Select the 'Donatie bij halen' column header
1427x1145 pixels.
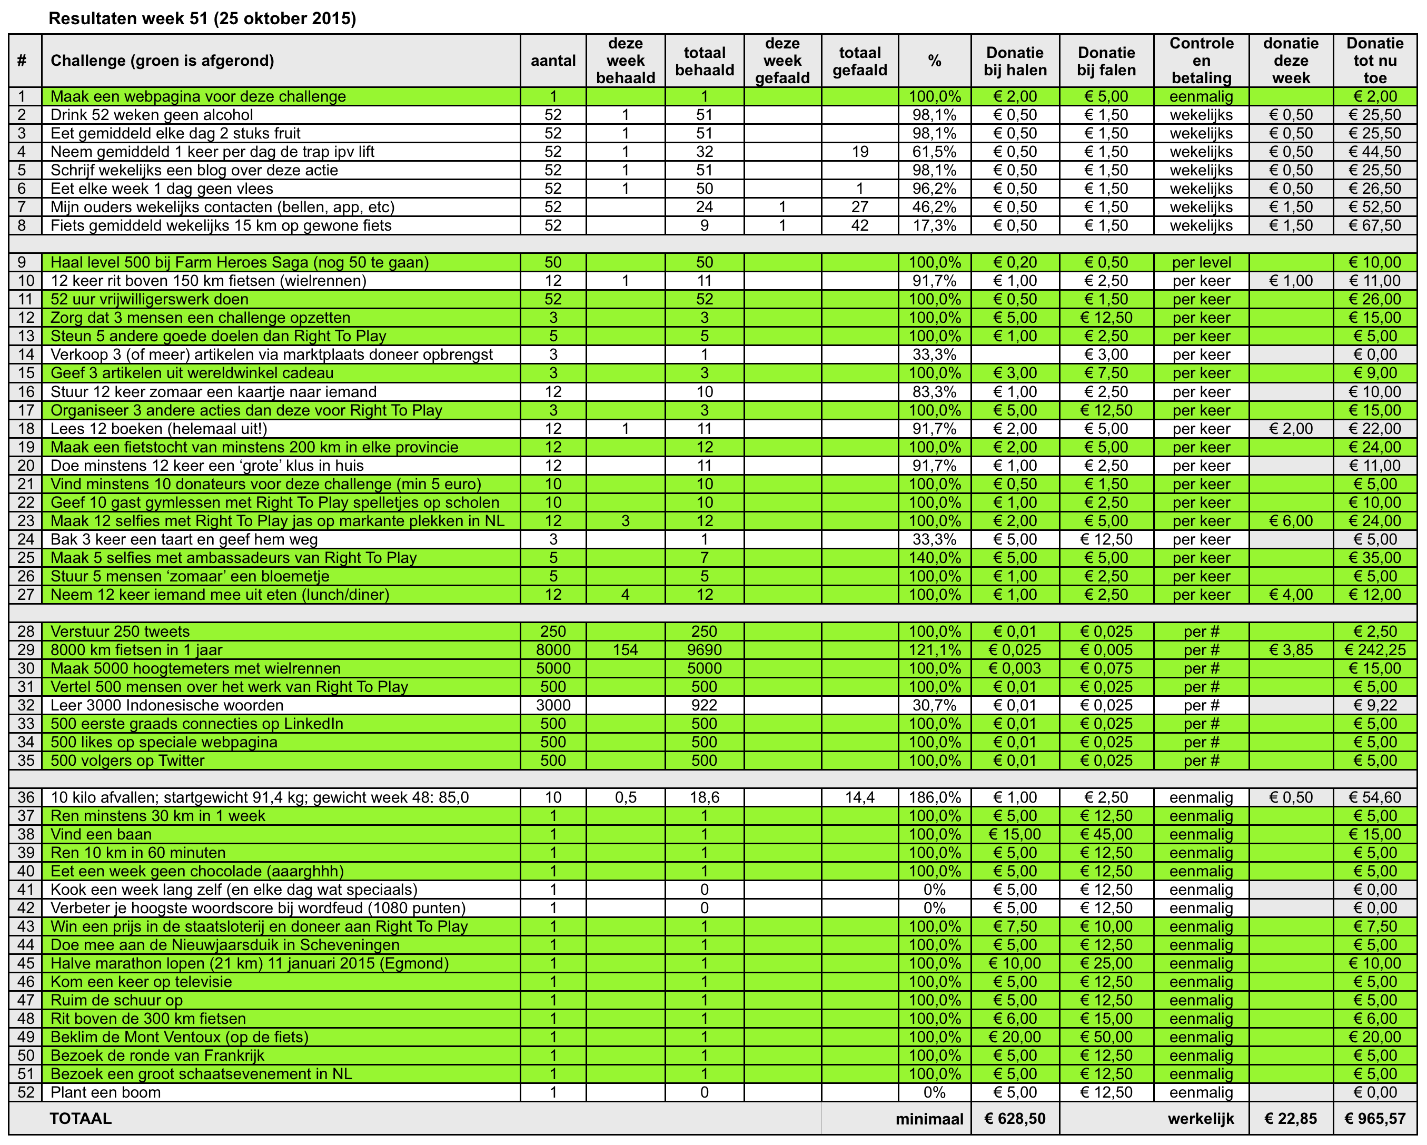[x=1015, y=61]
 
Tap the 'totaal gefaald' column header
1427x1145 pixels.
[x=859, y=61]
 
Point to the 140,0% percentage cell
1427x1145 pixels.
[x=934, y=558]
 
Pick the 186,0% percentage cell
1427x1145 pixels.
[x=934, y=797]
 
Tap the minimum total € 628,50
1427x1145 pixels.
[x=1015, y=1119]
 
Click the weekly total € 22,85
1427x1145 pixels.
[x=1290, y=1119]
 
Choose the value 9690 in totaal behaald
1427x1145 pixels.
[x=704, y=650]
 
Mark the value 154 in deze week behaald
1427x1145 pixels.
[x=625, y=650]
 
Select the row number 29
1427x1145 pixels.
[x=25, y=650]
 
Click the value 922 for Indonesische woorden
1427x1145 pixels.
[x=704, y=706]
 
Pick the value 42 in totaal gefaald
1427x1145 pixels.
[x=859, y=226]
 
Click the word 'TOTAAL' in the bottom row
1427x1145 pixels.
[x=80, y=1119]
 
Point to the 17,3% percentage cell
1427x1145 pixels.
[x=934, y=226]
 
